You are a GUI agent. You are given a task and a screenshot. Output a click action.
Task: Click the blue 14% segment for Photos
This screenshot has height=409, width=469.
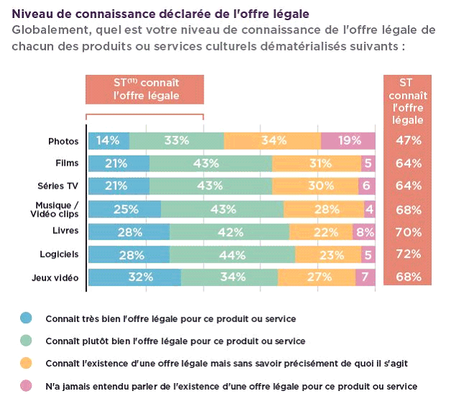[x=108, y=140]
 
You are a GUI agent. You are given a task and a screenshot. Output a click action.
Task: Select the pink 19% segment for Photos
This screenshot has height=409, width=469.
[x=348, y=140]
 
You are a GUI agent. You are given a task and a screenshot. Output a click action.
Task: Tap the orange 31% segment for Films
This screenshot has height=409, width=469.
[x=317, y=163]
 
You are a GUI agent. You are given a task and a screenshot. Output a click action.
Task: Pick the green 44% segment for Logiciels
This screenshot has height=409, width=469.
[x=232, y=254]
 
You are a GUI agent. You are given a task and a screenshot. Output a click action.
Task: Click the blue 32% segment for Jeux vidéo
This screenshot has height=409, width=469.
[x=134, y=277]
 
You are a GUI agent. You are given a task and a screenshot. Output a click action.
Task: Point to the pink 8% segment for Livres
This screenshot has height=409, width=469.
[x=364, y=232]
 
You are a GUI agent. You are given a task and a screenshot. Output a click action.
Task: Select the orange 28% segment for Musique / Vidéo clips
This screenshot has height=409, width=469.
[x=324, y=209]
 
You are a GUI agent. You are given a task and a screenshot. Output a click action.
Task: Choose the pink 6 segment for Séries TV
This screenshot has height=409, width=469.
[x=367, y=186]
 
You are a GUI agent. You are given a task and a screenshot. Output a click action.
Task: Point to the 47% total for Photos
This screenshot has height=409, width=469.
[x=409, y=140]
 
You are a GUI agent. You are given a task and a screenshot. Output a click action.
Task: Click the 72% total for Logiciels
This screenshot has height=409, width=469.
[x=409, y=254]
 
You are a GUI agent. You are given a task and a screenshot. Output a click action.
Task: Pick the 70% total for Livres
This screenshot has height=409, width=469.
[x=409, y=232]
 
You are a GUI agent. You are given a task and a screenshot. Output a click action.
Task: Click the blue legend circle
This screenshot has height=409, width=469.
[x=27, y=318]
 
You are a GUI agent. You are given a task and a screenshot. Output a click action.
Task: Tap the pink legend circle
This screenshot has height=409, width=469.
[x=27, y=386]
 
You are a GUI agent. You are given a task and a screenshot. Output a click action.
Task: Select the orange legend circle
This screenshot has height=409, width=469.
[x=27, y=363]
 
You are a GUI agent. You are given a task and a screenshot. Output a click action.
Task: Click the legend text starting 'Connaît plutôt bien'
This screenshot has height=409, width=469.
[x=176, y=341]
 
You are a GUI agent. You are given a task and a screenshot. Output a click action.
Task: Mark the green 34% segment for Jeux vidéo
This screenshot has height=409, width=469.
[x=229, y=277]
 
